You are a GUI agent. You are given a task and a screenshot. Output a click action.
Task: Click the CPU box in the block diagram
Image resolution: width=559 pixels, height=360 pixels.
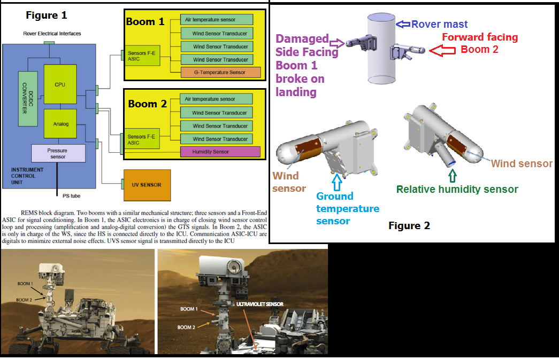pos(60,84)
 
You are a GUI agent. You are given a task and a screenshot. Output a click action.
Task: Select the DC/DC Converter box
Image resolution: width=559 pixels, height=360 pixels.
pos(28,99)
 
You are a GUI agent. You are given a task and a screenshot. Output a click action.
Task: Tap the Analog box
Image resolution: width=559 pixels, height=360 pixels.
pos(60,123)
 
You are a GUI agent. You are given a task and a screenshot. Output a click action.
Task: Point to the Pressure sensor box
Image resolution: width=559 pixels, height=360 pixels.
pos(58,153)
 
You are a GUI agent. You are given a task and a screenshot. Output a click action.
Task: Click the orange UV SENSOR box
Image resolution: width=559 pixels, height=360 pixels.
pos(147,185)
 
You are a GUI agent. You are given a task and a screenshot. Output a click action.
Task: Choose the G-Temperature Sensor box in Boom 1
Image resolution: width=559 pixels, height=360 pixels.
pos(221,72)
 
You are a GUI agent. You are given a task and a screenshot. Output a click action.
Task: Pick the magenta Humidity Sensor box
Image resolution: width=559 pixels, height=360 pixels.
pos(220,152)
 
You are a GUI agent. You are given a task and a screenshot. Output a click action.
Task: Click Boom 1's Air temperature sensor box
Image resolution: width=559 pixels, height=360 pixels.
pos(217,20)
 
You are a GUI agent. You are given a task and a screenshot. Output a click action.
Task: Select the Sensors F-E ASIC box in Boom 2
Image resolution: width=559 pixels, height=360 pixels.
pos(142,139)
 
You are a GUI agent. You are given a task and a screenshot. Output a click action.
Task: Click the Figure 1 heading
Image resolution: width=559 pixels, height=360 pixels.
pos(47,15)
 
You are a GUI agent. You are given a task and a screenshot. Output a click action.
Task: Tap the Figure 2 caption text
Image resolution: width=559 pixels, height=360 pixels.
pos(409,226)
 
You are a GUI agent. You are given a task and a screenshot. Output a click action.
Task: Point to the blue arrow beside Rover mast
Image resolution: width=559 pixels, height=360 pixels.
pos(403,24)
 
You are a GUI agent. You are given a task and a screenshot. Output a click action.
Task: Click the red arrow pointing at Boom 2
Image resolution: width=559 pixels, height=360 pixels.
pos(442,51)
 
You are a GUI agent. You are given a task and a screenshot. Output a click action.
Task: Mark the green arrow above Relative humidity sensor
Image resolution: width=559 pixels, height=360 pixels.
pos(453,176)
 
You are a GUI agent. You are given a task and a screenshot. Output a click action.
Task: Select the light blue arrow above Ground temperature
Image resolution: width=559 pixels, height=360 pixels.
pos(337,182)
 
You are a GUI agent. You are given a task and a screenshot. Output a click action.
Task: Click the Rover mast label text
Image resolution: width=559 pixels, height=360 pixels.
pos(439,24)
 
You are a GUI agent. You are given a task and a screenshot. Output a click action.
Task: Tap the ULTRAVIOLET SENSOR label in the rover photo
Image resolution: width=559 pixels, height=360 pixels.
pos(260,304)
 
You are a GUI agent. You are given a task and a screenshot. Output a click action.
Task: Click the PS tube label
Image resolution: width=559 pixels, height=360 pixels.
pos(71,196)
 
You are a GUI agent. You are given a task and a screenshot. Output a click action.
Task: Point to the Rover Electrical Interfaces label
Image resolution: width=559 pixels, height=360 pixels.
pos(52,34)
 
